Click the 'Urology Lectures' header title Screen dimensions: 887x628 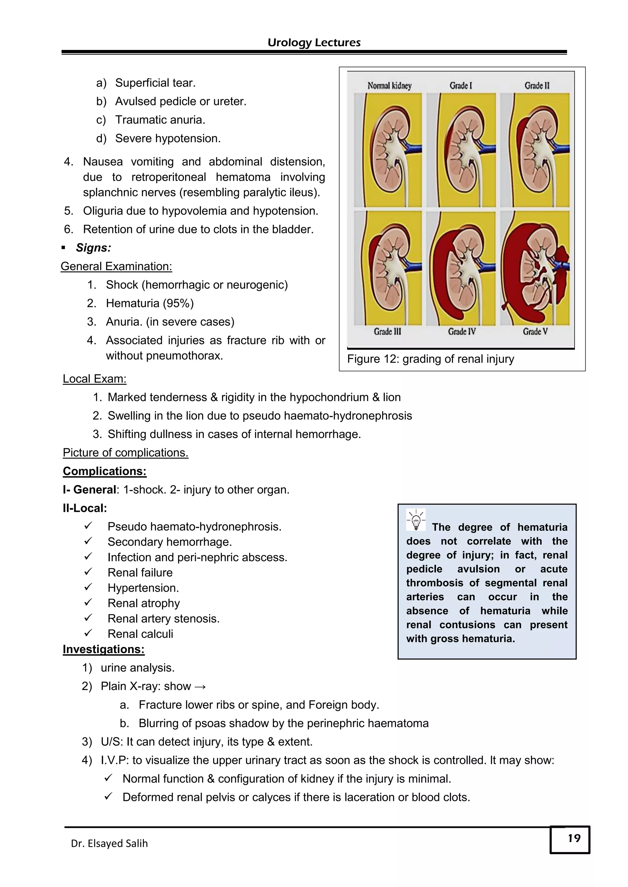click(314, 43)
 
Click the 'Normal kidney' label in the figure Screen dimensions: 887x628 click(389, 85)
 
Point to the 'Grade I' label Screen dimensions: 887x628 click(461, 85)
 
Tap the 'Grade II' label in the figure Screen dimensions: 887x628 click(537, 85)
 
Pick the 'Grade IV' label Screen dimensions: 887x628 click(462, 331)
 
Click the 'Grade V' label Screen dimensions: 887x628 click(535, 331)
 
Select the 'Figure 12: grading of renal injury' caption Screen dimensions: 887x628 click(431, 359)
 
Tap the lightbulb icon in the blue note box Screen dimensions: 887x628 click(416, 519)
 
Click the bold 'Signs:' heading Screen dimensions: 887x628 click(93, 248)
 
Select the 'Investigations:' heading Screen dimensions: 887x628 click(104, 649)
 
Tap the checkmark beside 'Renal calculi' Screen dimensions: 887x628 click(88, 633)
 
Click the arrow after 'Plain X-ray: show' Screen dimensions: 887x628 click(200, 686)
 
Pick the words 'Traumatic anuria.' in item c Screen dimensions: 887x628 click(160, 120)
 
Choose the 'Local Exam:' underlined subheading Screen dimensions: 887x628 click(94, 379)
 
